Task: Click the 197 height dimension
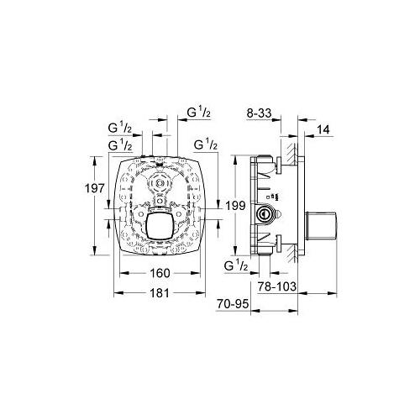click(x=95, y=188)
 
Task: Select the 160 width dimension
click(x=160, y=273)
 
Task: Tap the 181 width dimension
click(x=160, y=293)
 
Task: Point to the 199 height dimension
click(x=235, y=206)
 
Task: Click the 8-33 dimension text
click(x=259, y=113)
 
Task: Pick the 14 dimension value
click(x=323, y=130)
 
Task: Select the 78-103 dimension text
click(x=276, y=286)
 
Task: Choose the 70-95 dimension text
click(x=233, y=304)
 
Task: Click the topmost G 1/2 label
click(x=199, y=113)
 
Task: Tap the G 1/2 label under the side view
click(x=236, y=265)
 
